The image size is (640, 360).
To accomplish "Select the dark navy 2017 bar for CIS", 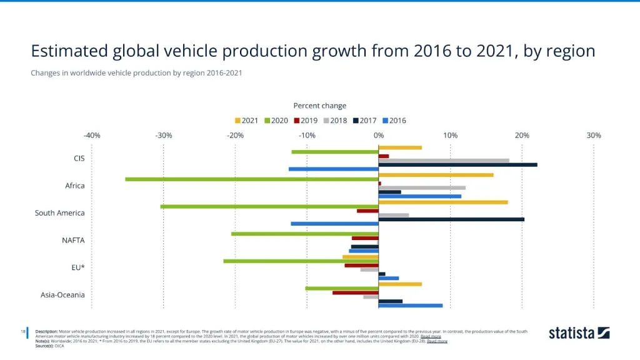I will pos(457,164).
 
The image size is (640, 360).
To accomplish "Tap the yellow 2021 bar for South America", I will pos(443,202).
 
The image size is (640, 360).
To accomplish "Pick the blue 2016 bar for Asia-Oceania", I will pos(411,306).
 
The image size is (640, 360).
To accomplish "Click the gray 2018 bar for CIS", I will pos(444,160).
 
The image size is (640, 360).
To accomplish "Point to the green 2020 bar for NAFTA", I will pos(305,234).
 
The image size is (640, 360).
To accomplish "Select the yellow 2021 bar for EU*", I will pos(361,257).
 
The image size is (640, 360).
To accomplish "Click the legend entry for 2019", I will pos(305,121).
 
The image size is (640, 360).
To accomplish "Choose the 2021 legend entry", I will pos(246,121).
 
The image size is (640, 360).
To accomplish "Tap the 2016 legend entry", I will pos(394,121).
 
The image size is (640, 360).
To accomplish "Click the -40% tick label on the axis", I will pos(92,135).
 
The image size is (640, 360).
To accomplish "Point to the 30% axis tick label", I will pos(594,135).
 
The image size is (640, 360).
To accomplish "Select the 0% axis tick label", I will pos(379,135).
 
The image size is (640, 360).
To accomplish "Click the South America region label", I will pos(59,213).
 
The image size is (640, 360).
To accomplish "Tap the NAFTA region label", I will pos(73,240).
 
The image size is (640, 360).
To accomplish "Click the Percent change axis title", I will pos(319,106).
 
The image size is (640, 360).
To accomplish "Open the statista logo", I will pos(579,332).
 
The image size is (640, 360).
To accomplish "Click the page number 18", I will pos(22,331).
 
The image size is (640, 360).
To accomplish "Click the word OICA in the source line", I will pos(60,346).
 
